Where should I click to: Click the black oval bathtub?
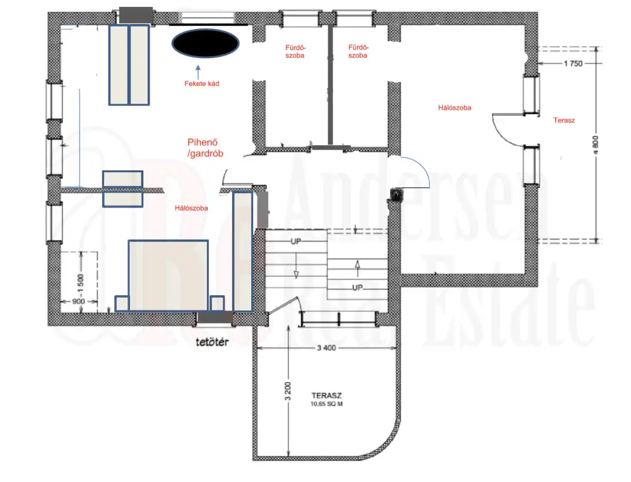pyautogui.click(x=205, y=44)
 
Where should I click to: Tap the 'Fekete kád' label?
pyautogui.click(x=202, y=84)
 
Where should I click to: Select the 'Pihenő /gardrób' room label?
pyautogui.click(x=205, y=148)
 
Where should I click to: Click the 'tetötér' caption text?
pyautogui.click(x=212, y=342)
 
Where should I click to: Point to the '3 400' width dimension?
pyautogui.click(x=326, y=348)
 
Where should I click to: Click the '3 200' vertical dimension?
pyautogui.click(x=287, y=391)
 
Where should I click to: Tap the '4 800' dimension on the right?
pyautogui.click(x=596, y=145)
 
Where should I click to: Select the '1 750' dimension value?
pyautogui.click(x=573, y=64)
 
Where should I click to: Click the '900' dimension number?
pyautogui.click(x=78, y=302)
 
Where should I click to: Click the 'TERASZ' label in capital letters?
pyautogui.click(x=326, y=396)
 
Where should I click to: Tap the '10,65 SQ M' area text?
pyautogui.click(x=326, y=404)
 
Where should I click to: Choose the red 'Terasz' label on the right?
pyautogui.click(x=563, y=120)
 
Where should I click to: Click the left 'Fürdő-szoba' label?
pyautogui.click(x=295, y=52)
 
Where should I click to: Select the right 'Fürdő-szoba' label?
pyautogui.click(x=358, y=52)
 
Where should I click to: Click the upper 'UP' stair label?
pyautogui.click(x=296, y=242)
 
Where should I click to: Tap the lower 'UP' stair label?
pyautogui.click(x=357, y=288)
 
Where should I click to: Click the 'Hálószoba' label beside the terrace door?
pyautogui.click(x=454, y=108)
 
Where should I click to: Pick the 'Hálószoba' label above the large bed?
pyautogui.click(x=191, y=208)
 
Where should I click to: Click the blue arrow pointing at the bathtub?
pyautogui.click(x=198, y=72)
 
